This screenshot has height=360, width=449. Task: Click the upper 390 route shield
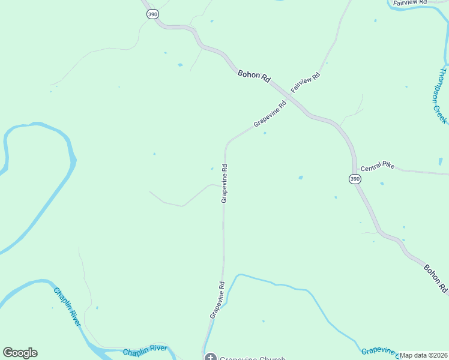[x=153, y=14]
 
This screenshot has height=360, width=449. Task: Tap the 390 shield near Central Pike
[x=355, y=179]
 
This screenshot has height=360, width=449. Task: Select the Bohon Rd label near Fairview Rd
[x=255, y=76]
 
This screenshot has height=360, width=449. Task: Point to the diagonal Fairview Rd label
[x=306, y=83]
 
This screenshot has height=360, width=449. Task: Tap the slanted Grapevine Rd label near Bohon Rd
[x=270, y=113]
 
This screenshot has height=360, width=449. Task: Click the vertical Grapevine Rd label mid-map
[x=224, y=184]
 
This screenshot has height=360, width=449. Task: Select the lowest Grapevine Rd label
[x=217, y=299]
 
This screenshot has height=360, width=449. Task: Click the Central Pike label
[x=378, y=165]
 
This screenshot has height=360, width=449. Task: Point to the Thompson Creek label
[x=439, y=95]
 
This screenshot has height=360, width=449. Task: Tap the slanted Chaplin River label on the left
[x=67, y=307]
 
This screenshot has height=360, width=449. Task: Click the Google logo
[x=20, y=353]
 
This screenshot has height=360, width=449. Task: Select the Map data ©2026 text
[x=423, y=355]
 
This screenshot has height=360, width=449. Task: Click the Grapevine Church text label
[x=252, y=358]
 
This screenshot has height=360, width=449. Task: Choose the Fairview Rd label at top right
[x=409, y=3]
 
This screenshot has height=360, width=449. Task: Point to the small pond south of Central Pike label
[x=382, y=184]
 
